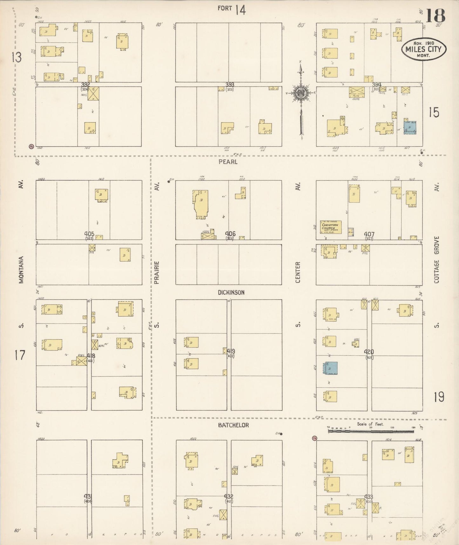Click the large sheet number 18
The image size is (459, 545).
(435, 16)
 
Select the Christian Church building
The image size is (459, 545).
(331, 227)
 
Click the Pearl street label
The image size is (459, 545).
(228, 162)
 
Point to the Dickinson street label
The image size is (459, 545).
(231, 293)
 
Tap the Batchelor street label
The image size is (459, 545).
(233, 425)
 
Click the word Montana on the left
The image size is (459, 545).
(21, 270)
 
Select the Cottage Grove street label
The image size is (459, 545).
(436, 259)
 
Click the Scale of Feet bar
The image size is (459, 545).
(371, 431)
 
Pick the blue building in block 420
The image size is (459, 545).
(331, 368)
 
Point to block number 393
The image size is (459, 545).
(230, 85)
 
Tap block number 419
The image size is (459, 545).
(231, 351)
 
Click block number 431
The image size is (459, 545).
(88, 496)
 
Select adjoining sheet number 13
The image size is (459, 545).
(17, 58)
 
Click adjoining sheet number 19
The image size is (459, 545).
(439, 397)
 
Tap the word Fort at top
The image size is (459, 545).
(225, 8)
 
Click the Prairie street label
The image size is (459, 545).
(157, 272)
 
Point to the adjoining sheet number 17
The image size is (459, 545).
(20, 355)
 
